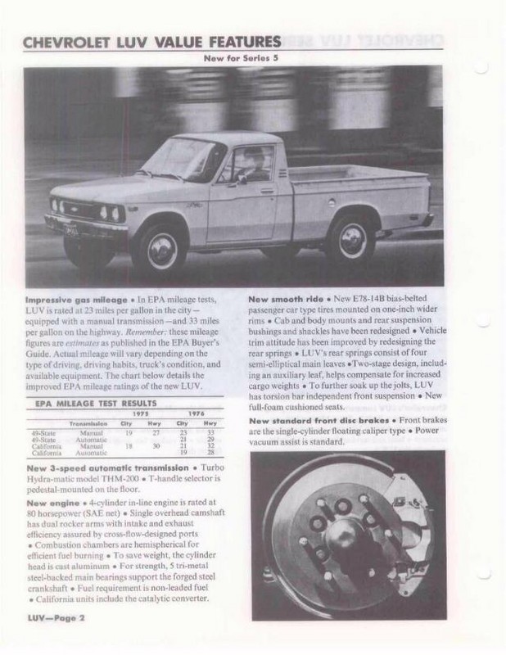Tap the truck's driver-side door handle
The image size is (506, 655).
point(266,191)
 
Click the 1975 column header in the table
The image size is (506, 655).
point(140,414)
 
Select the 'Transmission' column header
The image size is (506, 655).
point(91,423)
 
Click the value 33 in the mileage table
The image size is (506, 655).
point(210,431)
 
